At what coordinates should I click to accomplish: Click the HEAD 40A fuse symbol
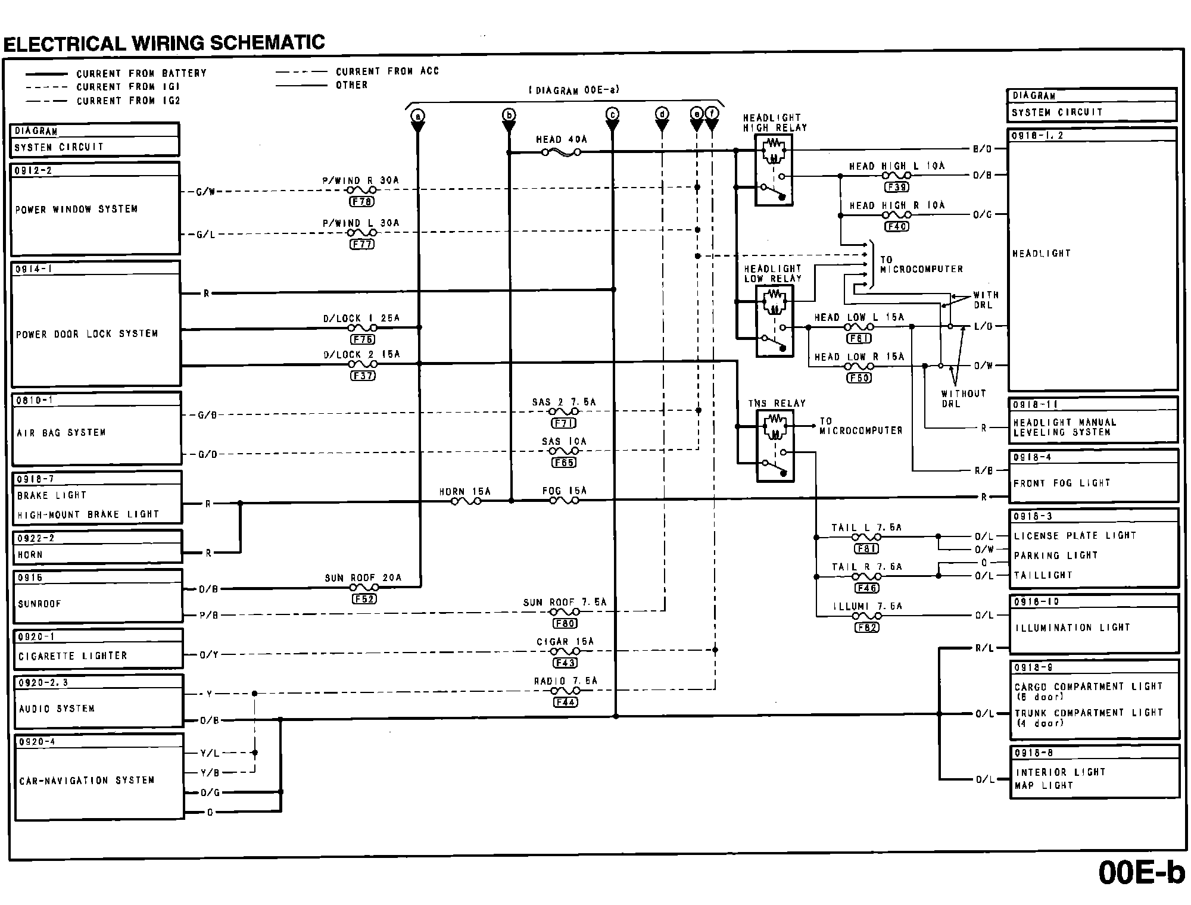(561, 152)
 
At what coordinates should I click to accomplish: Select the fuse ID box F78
(362, 202)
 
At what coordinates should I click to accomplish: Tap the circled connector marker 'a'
(418, 115)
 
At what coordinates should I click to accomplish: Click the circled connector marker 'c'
(612, 114)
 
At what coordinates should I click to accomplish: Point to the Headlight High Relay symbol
(774, 170)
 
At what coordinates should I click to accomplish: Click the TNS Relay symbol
(775, 447)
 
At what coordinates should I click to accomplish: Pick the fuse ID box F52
(364, 599)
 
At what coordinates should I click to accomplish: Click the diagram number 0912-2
(33, 171)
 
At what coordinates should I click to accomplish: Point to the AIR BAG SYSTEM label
(61, 433)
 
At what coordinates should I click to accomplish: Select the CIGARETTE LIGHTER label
(73, 656)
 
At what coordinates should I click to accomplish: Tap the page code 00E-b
(1141, 873)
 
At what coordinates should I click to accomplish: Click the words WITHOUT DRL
(963, 398)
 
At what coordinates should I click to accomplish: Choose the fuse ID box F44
(565, 703)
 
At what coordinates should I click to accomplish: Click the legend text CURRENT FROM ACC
(387, 71)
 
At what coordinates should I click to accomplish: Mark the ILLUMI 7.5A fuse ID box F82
(866, 628)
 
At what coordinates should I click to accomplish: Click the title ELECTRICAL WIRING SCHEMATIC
(164, 43)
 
